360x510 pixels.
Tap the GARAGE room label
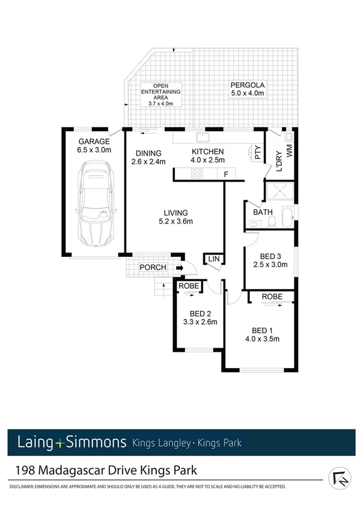pos(93,141)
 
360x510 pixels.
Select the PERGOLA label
pos(248,84)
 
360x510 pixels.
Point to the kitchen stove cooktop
pos(197,174)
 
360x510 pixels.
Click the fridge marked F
pos(225,174)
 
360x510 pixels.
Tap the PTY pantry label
pos(257,153)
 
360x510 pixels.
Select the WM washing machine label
pos(289,152)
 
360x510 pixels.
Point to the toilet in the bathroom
pos(272,222)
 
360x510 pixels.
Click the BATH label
pos(262,212)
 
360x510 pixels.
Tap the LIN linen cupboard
pos(213,259)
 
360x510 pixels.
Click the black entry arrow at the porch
pos(179,268)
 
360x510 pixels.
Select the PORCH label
pos(153,268)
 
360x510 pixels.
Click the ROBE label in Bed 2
pos(188,287)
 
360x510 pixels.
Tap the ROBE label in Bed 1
pos(272,296)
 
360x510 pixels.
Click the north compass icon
pos(340,478)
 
